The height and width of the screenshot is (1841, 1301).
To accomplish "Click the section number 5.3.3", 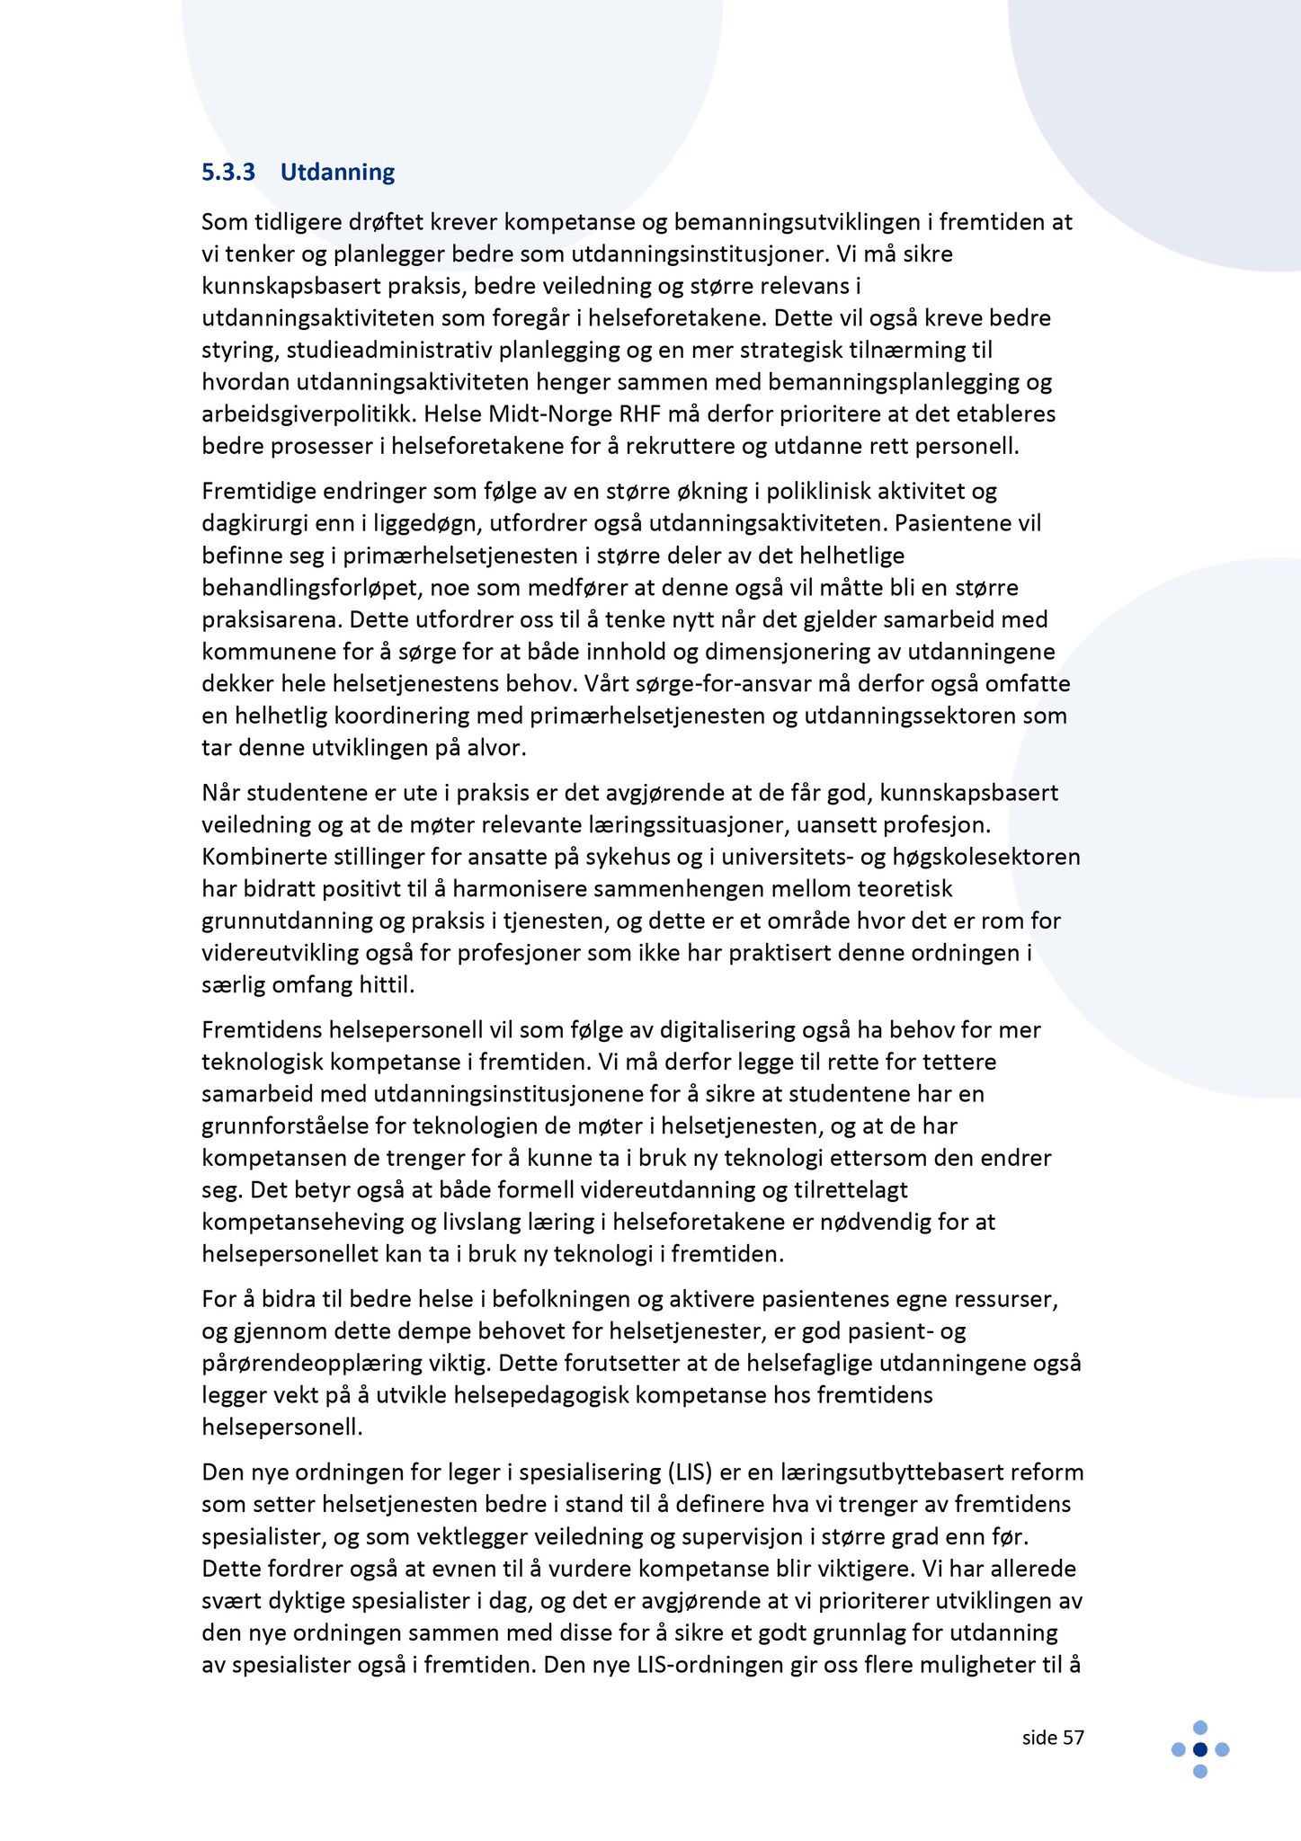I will (228, 172).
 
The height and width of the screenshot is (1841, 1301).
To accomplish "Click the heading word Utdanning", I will (337, 172).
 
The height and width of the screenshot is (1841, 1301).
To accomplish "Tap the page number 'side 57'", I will (1053, 1738).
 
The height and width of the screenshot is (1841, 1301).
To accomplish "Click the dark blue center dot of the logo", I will (1199, 1749).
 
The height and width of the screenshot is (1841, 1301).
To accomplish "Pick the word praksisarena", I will (271, 619).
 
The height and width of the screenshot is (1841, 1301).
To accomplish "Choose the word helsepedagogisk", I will (645, 1395).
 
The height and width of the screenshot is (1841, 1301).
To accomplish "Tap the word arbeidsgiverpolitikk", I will (309, 414).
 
